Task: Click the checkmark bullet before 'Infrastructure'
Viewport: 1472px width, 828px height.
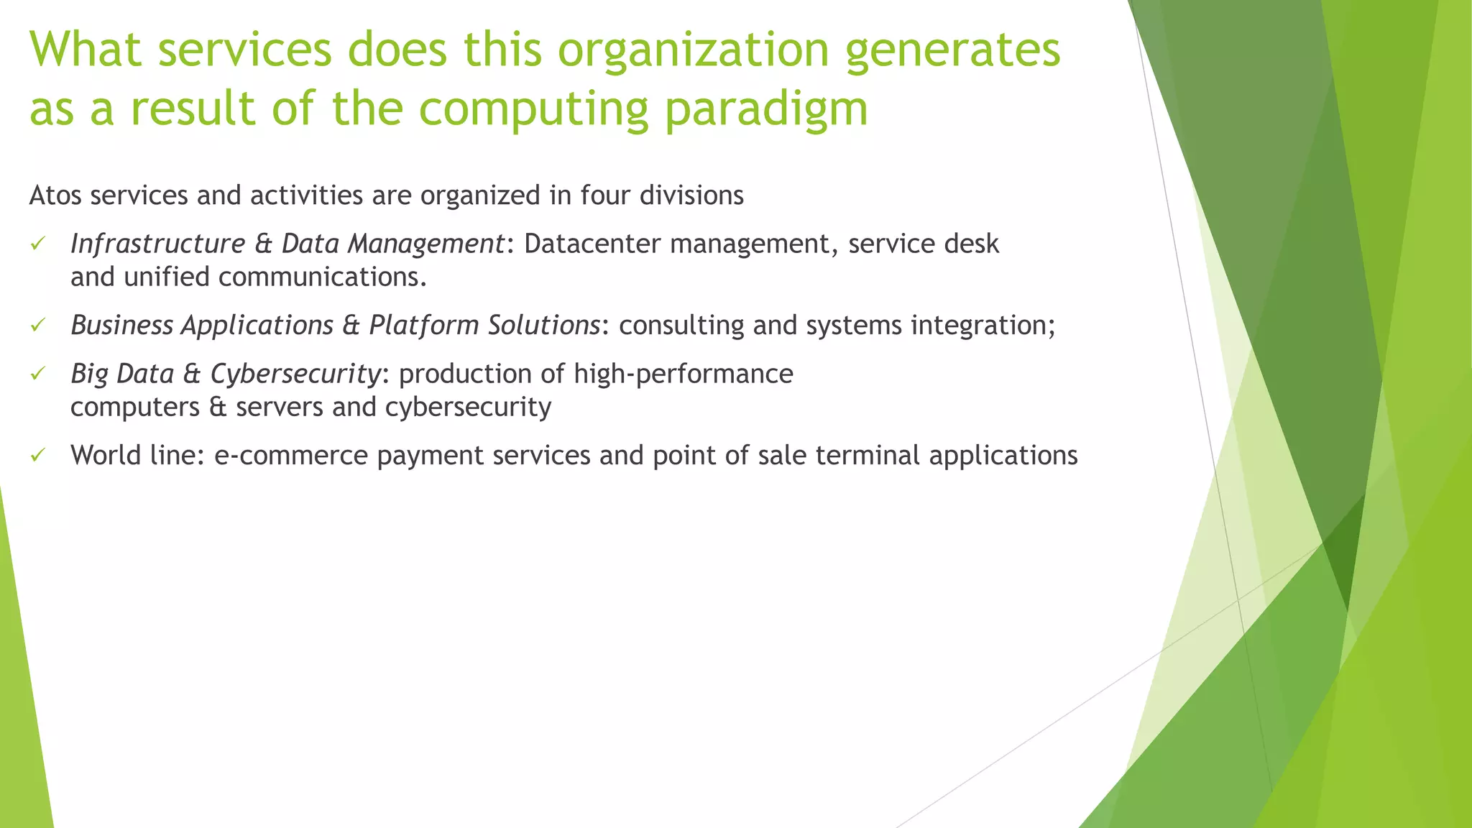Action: pyautogui.click(x=38, y=244)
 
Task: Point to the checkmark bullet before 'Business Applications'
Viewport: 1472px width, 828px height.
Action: pyautogui.click(x=38, y=326)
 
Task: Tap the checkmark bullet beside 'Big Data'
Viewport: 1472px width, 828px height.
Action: pyautogui.click(x=38, y=374)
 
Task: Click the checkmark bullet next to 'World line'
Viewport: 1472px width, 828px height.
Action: pyautogui.click(x=38, y=456)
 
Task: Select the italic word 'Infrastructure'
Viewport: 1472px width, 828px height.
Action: pyautogui.click(x=157, y=244)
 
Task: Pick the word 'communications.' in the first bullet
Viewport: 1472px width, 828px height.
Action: pyautogui.click(x=323, y=277)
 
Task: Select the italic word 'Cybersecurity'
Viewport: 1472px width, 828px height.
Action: pyautogui.click(x=295, y=374)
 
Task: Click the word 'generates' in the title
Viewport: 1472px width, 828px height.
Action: pyautogui.click(x=952, y=50)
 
